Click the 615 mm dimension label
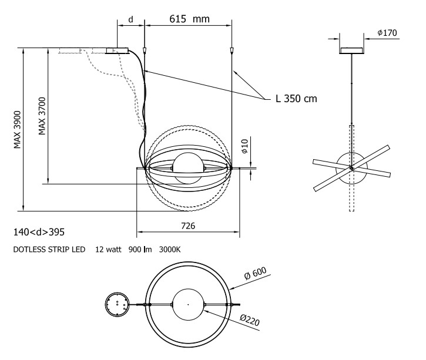[189, 19]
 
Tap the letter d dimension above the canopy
[132, 19]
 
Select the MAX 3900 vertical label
[18, 129]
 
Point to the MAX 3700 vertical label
[42, 115]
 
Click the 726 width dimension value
[188, 226]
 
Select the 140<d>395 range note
[39, 232]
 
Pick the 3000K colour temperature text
[169, 250]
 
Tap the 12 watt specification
[108, 250]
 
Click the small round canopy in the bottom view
[115, 305]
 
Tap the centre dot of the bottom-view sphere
[187, 305]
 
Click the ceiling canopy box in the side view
[351, 51]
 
